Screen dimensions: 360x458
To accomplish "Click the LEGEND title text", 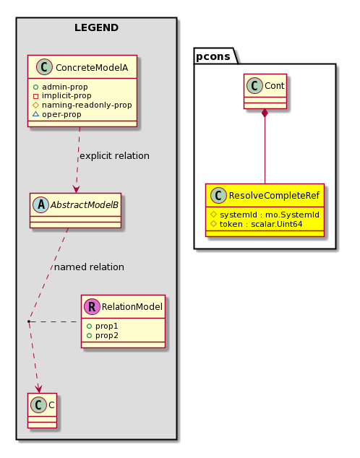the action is point(96,27).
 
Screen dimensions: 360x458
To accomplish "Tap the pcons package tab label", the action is point(213,56).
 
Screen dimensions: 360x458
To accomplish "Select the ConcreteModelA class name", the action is point(92,67).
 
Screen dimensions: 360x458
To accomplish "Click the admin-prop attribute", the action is point(64,87).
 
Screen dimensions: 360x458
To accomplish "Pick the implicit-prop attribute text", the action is point(67,96).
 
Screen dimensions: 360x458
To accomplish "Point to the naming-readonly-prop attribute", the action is point(87,105).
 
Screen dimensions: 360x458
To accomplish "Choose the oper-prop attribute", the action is point(61,114).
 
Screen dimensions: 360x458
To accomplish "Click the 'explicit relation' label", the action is point(114,156).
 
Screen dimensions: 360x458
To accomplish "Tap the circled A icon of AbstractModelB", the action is point(41,204).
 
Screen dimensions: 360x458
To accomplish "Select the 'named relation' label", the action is point(89,267).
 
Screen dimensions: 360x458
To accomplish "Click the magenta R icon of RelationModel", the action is point(92,306).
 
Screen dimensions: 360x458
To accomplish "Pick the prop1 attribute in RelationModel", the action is point(106,326).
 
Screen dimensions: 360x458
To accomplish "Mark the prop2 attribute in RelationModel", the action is point(107,335).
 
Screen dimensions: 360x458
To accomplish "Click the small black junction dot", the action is point(29,321).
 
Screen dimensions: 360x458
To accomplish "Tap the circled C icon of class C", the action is point(38,405).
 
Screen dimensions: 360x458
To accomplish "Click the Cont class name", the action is point(274,85).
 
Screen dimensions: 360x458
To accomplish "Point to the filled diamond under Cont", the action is point(265,113).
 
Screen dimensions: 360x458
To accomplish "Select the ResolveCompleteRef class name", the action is point(274,196).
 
